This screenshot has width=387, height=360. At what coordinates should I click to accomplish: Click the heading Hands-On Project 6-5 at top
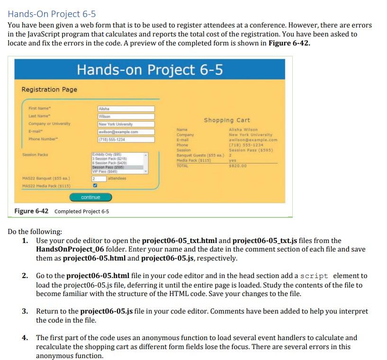[x=51, y=13]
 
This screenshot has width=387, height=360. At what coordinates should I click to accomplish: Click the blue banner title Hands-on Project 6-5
[x=150, y=70]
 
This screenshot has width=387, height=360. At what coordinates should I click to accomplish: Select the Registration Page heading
[x=49, y=90]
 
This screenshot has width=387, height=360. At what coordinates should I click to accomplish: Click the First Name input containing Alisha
[x=126, y=109]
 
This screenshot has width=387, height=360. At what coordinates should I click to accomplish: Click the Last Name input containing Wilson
[x=126, y=117]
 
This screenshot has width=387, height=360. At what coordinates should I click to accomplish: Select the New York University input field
[x=126, y=124]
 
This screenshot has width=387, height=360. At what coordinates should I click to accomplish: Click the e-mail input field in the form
[x=126, y=132]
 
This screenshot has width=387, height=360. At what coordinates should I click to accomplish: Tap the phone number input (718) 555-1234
[x=126, y=139]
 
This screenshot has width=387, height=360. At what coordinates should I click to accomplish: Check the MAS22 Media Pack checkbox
[x=95, y=186]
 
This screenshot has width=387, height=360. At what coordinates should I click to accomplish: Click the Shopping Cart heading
[x=227, y=120]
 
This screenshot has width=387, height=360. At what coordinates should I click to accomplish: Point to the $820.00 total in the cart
[x=238, y=166]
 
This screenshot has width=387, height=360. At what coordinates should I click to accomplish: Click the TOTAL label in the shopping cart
[x=182, y=166]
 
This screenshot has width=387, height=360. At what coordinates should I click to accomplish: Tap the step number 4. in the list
[x=25, y=338]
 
